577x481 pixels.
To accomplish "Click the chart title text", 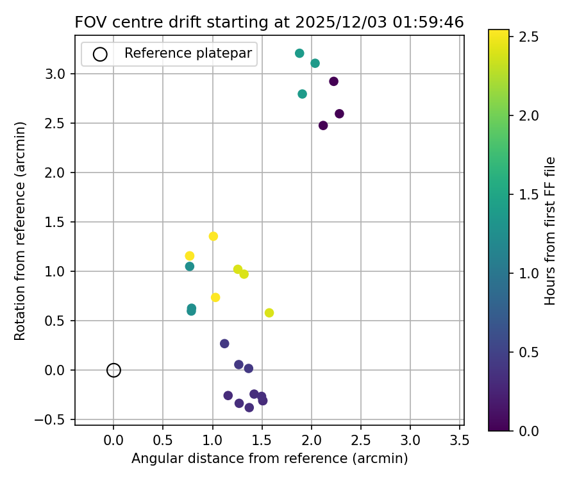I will pos(269,22).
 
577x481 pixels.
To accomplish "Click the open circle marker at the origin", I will pos(113,370).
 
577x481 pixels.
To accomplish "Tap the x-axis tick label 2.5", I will pos(361,440).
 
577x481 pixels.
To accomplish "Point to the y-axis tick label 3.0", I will pos(56,74).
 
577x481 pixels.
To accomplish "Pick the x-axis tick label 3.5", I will pos(460,440).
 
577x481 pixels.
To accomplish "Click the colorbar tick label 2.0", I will pos(528,115).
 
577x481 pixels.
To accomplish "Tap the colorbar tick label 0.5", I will pos(528,352).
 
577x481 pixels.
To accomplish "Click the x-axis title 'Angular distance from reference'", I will pos(269,459).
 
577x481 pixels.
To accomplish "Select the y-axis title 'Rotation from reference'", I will pos(20,231).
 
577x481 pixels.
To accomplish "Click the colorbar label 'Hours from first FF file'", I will pos(550,231).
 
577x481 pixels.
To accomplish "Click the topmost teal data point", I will pos(299,53).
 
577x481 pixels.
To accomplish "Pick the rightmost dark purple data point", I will pos(339,114).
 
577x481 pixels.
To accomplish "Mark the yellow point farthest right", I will pos(269,313).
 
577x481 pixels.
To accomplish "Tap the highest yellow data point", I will pos(213,236).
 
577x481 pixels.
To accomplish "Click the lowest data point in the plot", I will pos(249,407).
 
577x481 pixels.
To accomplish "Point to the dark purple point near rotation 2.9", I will pos(333,81).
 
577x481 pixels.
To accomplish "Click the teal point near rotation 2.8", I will pos(302,94).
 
